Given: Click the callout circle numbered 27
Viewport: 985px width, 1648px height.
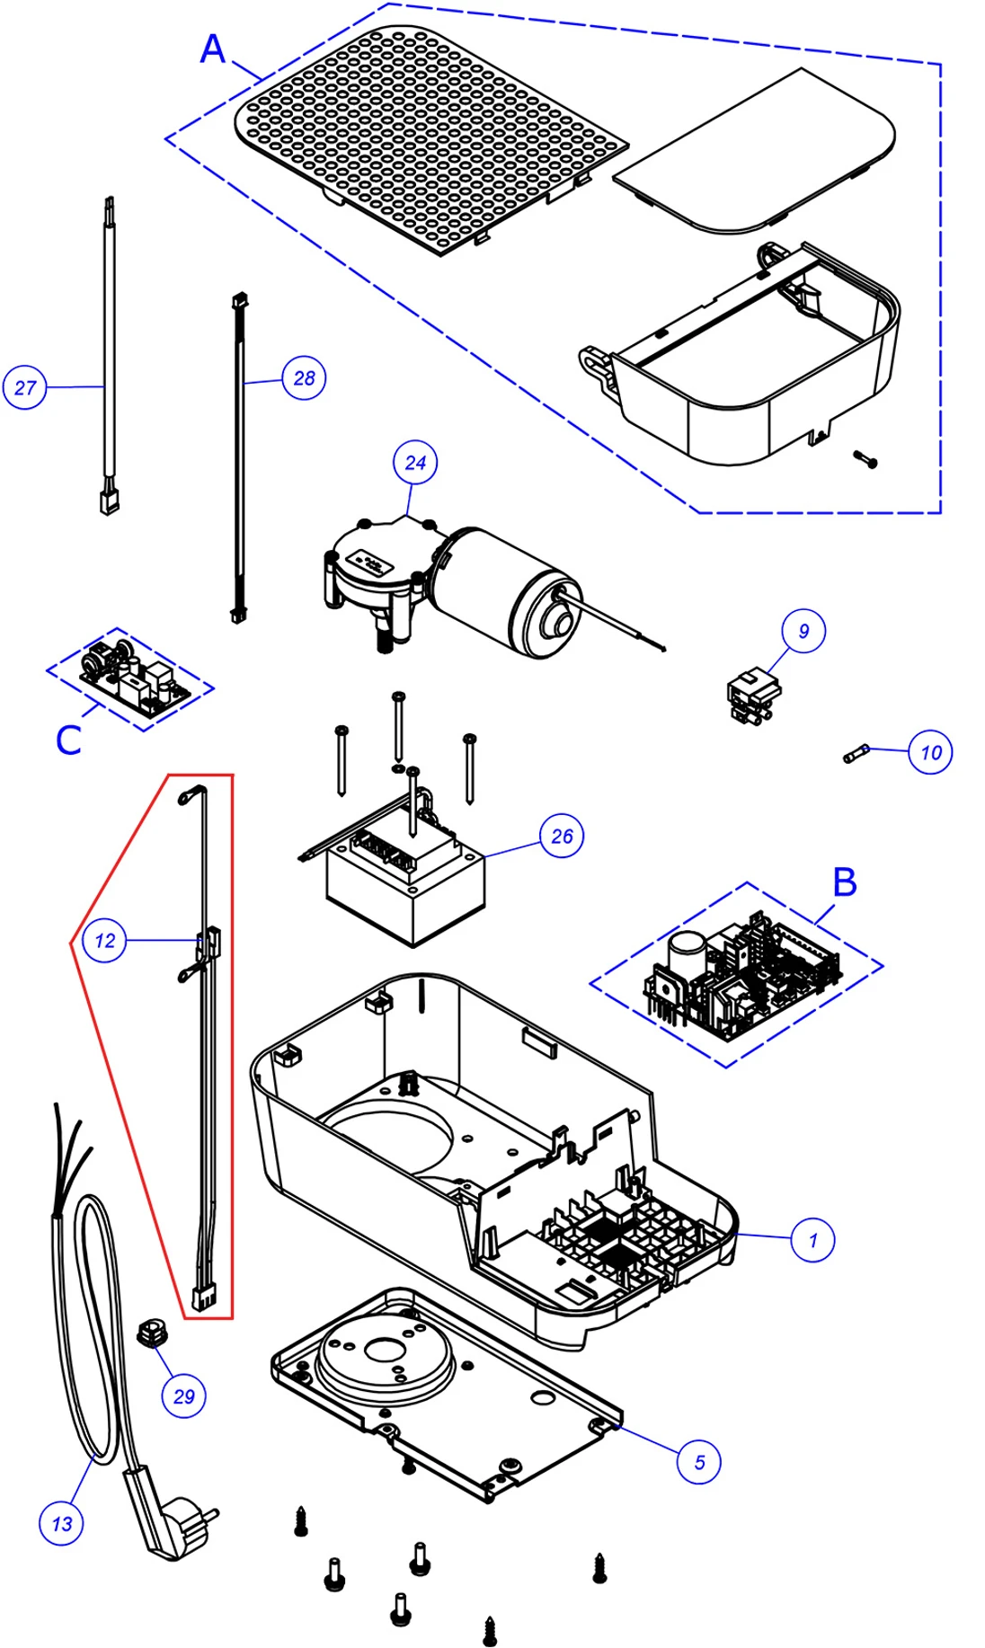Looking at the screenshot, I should point(24,387).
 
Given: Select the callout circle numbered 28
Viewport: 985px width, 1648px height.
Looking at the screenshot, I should point(304,378).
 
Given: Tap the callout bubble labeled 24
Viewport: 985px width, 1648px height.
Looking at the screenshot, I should point(415,463).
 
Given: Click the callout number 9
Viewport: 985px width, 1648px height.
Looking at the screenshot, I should point(803,631).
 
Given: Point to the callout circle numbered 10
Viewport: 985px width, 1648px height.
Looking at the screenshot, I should point(930,752).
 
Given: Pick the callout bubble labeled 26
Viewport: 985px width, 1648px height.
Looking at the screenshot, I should point(562,837).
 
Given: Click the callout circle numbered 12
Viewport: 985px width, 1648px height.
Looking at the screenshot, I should point(104,941).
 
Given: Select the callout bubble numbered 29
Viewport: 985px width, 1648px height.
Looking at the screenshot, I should point(183,1396).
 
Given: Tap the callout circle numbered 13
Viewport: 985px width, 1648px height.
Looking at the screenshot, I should point(61,1524).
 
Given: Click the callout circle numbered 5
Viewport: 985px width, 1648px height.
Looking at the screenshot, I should point(699,1462).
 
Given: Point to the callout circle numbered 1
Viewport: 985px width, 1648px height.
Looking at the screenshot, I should point(813,1240).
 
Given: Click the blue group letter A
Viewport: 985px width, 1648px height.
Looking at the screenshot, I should point(213,49).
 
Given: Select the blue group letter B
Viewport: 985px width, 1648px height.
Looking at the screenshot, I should point(845,882).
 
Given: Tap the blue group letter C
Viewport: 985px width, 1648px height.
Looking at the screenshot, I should point(68,740).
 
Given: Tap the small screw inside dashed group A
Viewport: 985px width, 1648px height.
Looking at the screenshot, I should point(865,459).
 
